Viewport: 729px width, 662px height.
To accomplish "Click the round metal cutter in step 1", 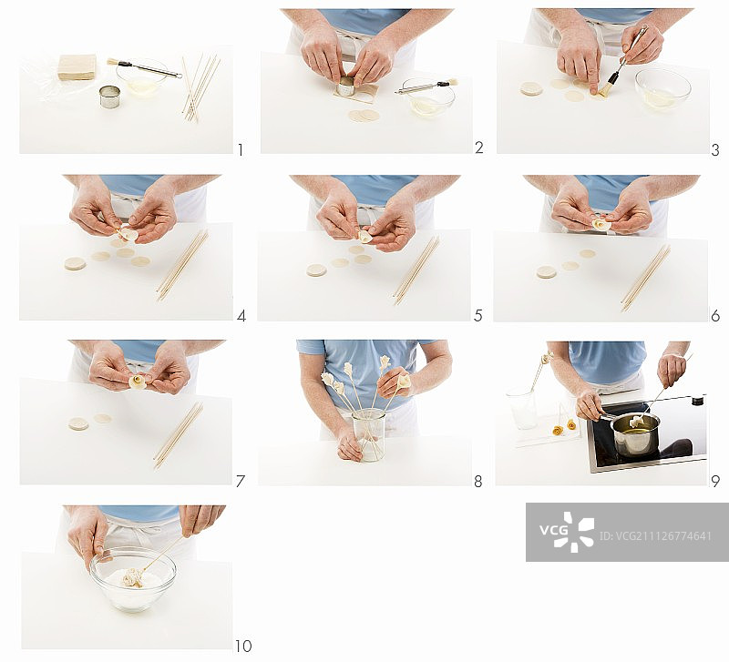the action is [x=109, y=97].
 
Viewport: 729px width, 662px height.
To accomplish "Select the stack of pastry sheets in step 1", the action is [x=77, y=66].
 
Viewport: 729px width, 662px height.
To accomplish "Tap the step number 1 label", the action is [x=241, y=150].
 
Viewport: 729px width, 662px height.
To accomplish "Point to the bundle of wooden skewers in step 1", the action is [x=200, y=87].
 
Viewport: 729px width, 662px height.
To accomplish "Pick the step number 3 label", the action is [x=715, y=150].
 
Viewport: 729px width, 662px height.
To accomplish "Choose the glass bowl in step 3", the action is [x=663, y=89].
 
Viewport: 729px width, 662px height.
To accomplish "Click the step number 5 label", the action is [x=477, y=316].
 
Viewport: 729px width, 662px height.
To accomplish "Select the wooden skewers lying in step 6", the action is [x=646, y=278].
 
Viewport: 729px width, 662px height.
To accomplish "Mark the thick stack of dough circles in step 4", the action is [x=75, y=263].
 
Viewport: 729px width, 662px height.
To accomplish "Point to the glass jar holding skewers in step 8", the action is [x=369, y=435].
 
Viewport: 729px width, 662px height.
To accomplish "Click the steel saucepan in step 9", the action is [x=635, y=434].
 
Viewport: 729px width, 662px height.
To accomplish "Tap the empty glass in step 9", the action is [x=520, y=408].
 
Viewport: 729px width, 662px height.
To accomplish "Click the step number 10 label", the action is [x=242, y=646].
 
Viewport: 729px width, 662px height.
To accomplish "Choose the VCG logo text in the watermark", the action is [x=553, y=530].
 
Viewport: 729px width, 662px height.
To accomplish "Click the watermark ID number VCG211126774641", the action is [x=655, y=536].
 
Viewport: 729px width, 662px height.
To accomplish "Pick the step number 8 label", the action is [x=477, y=482].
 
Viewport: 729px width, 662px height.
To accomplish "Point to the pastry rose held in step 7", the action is [x=138, y=382].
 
